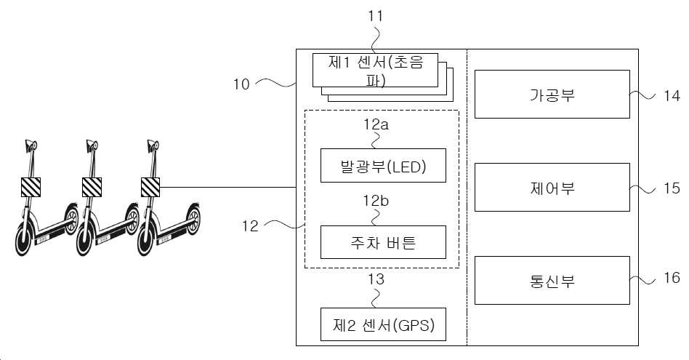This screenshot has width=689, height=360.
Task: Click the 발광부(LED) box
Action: [x=383, y=165]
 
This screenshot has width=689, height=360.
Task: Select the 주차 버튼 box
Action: [x=383, y=242]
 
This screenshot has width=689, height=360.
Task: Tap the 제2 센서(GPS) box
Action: [x=383, y=324]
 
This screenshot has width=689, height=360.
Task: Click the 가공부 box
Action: [x=552, y=94]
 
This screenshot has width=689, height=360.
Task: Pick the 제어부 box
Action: [x=552, y=187]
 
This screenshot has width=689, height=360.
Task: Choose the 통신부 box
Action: [x=552, y=281]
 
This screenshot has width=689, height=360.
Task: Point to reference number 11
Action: [x=375, y=16]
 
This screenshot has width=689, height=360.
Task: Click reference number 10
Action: [x=241, y=84]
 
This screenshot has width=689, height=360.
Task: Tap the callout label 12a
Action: [x=376, y=124]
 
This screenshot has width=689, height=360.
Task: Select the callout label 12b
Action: [x=376, y=201]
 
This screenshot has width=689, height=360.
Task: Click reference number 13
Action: [x=376, y=279]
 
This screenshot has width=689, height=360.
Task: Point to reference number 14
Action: [x=672, y=95]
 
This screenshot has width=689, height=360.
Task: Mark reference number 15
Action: [x=672, y=188]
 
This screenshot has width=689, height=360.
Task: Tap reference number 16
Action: [x=672, y=278]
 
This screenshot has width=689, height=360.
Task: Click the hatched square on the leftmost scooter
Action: [x=31, y=187]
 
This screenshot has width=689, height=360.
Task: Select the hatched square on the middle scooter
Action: [x=92, y=187]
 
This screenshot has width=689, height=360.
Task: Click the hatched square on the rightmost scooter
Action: [x=150, y=187]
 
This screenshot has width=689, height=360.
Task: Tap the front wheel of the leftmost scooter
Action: [x=24, y=240]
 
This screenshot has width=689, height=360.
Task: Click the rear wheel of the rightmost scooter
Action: [x=193, y=219]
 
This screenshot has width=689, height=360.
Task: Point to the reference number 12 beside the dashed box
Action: [x=250, y=226]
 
